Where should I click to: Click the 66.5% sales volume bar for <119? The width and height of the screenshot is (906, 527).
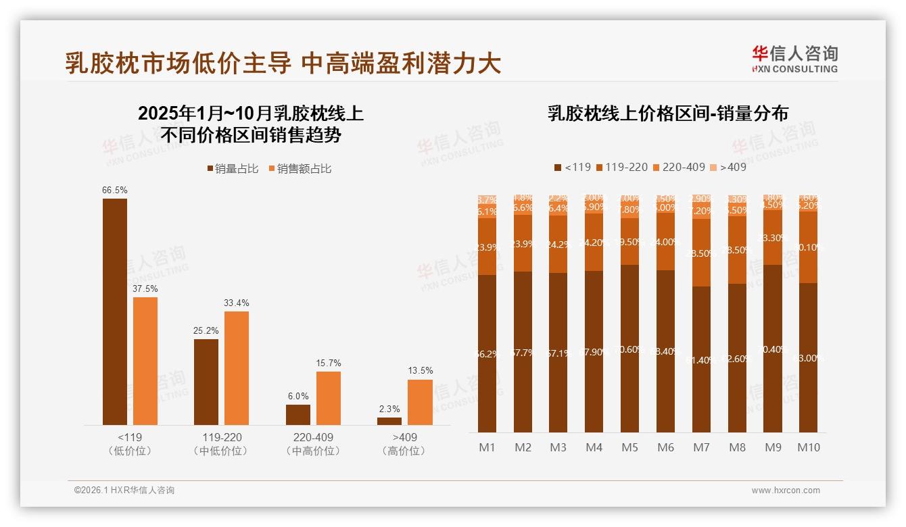point(115,311)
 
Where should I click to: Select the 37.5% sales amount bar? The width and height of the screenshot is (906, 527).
point(145,361)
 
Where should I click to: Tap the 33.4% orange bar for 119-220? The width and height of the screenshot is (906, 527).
point(237,368)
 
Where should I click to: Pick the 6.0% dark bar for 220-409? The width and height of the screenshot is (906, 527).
point(298,414)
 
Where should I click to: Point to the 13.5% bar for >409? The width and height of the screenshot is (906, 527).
point(420,402)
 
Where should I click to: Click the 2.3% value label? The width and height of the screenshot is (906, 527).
point(389,409)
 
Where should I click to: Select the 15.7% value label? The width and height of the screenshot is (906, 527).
point(328,363)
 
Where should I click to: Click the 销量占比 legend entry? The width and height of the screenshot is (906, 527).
point(233,169)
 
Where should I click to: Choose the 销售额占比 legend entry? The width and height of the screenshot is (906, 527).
point(300,169)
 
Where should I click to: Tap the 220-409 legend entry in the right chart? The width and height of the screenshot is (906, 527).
point(679,167)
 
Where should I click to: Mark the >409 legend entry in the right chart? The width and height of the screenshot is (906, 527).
point(728,167)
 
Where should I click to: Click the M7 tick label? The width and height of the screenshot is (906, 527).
point(702,447)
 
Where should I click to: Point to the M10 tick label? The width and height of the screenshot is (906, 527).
point(809,447)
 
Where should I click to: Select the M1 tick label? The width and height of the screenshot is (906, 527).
point(487,447)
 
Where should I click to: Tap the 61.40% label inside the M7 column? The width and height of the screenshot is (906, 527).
point(702,360)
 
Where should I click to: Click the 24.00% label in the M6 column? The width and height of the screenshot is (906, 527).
point(666,242)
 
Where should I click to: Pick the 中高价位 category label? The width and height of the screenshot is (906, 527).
point(312,451)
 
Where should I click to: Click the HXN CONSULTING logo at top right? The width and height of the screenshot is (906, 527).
point(794,59)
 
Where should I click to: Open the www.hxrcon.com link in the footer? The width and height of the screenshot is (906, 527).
point(786,491)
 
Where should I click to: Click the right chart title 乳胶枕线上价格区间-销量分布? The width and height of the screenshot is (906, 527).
point(667,114)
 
